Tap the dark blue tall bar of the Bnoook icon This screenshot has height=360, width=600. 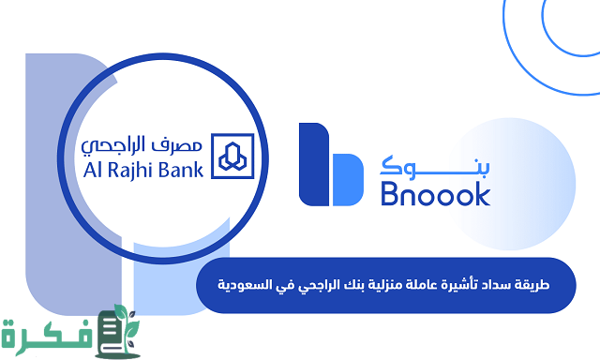click(x=312, y=163)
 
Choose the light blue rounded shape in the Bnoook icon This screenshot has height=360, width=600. click(x=344, y=179)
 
